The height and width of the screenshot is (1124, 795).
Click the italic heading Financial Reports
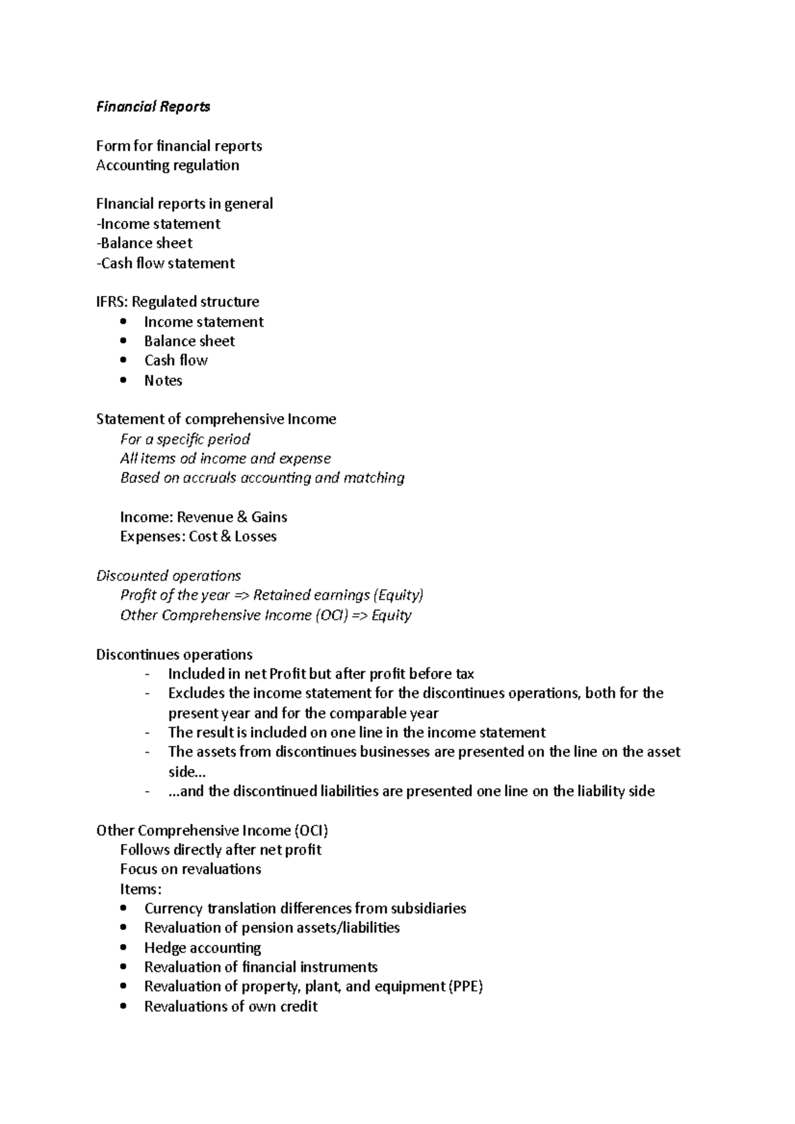(153, 107)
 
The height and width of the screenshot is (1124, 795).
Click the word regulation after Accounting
(207, 165)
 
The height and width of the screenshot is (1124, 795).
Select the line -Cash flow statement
(165, 263)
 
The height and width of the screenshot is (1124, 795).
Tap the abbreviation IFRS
(111, 302)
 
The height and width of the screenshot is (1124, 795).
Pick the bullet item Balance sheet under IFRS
(189, 342)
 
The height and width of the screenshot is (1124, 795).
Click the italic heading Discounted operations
(168, 576)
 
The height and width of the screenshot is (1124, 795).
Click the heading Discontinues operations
(174, 655)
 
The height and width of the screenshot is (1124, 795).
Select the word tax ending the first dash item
(464, 675)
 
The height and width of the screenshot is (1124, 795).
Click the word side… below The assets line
(187, 772)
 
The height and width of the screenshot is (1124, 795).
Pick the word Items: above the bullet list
(140, 889)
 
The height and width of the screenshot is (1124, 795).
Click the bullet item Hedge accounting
(203, 948)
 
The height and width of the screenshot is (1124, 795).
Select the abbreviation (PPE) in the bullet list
(466, 987)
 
